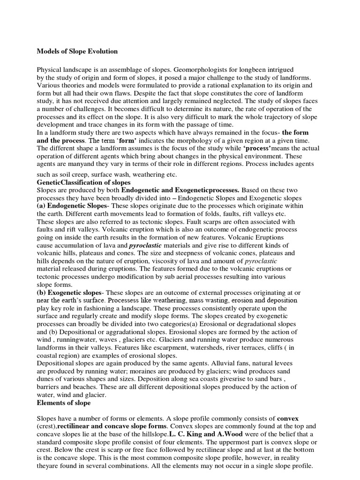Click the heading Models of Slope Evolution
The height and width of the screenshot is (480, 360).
[x=77, y=51]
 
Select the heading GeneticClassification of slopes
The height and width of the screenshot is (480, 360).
[x=83, y=182]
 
